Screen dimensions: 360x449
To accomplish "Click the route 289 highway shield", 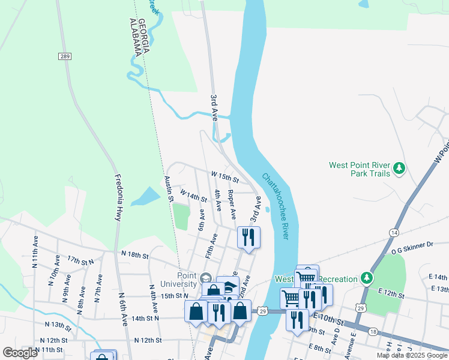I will pyautogui.click(x=64, y=56).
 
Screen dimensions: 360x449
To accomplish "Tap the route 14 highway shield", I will pyautogui.click(x=394, y=232).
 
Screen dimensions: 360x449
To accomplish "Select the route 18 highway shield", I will pyautogui.click(x=373, y=331).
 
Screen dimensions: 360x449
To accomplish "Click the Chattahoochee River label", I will pyautogui.click(x=276, y=206).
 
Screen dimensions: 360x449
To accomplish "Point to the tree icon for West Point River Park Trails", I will pyautogui.click(x=398, y=169).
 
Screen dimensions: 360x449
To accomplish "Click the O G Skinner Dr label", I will pyautogui.click(x=414, y=244).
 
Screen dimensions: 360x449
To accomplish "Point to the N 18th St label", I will pyautogui.click(x=134, y=255).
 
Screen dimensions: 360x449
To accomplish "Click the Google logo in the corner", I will pyautogui.click(x=20, y=352).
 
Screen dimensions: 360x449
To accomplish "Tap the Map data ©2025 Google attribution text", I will pyautogui.click(x=411, y=355).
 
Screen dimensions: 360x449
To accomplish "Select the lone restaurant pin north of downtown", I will pyautogui.click(x=249, y=237).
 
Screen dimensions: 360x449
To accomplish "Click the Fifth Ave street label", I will pyautogui.click(x=211, y=245).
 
